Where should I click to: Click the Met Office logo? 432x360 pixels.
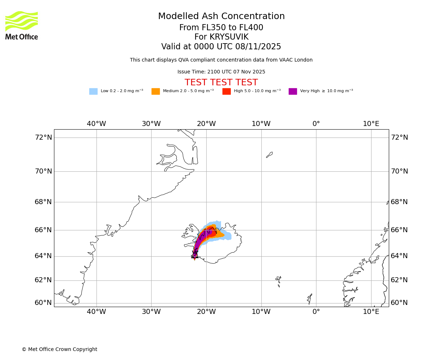tap(22, 25)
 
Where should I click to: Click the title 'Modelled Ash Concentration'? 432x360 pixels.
tap(221, 17)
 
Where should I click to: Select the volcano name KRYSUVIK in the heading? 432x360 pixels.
tap(221, 37)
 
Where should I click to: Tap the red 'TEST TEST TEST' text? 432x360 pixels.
tap(221, 83)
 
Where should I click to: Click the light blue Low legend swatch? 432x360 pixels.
tap(93, 91)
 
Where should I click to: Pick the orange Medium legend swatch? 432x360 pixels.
tap(156, 91)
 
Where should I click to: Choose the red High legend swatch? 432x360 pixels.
tap(226, 91)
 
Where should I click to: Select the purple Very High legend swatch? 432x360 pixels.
tap(293, 91)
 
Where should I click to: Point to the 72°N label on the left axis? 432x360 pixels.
tap(43, 138)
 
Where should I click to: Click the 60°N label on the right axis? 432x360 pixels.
tap(399, 303)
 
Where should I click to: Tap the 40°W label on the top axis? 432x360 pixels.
tap(96, 124)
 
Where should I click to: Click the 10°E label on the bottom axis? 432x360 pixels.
tap(371, 312)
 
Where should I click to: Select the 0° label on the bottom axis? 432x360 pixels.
tap(316, 312)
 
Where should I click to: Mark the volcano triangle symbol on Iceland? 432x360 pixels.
tap(195, 255)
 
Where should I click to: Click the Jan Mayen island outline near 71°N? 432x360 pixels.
tap(269, 155)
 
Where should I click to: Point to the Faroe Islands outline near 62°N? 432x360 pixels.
tap(278, 280)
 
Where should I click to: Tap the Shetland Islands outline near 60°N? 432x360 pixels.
tap(310, 298)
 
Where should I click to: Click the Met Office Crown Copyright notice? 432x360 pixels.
tap(59, 350)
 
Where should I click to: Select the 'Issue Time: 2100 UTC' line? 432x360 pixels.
tap(221, 72)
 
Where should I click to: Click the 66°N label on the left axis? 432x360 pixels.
tap(43, 230)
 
